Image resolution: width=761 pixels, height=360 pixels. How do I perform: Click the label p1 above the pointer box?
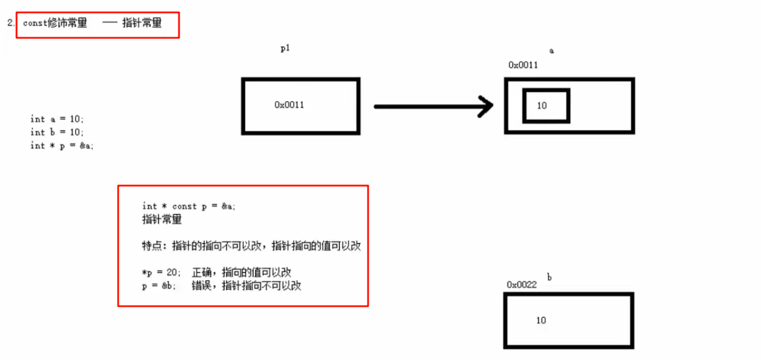[285, 49]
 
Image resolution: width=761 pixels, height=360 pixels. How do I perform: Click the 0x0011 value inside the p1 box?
[290, 105]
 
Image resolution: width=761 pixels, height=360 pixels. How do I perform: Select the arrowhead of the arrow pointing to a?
[486, 106]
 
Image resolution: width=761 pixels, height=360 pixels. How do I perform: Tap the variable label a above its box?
[552, 51]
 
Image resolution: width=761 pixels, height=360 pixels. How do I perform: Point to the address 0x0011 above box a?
[523, 65]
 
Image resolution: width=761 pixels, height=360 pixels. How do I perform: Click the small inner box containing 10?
[546, 105]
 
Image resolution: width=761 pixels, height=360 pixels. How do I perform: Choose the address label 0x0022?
[522, 284]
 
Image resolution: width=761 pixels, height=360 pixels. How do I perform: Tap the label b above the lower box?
[549, 277]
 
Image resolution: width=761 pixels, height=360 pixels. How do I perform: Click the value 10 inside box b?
[541, 320]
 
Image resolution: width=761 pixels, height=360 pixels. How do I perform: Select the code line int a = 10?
[57, 119]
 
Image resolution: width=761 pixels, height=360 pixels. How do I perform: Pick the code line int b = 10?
[57, 132]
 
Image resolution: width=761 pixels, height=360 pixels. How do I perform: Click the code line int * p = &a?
[62, 145]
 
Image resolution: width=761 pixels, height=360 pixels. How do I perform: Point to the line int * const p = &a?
[189, 206]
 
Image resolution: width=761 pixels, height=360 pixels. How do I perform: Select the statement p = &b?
[160, 286]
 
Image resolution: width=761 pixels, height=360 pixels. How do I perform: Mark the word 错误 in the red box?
[201, 286]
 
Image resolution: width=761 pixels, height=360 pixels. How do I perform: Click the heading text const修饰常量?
[55, 24]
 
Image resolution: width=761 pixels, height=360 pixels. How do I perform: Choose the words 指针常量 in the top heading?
[142, 24]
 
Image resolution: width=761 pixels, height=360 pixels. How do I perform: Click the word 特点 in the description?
[152, 246]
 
